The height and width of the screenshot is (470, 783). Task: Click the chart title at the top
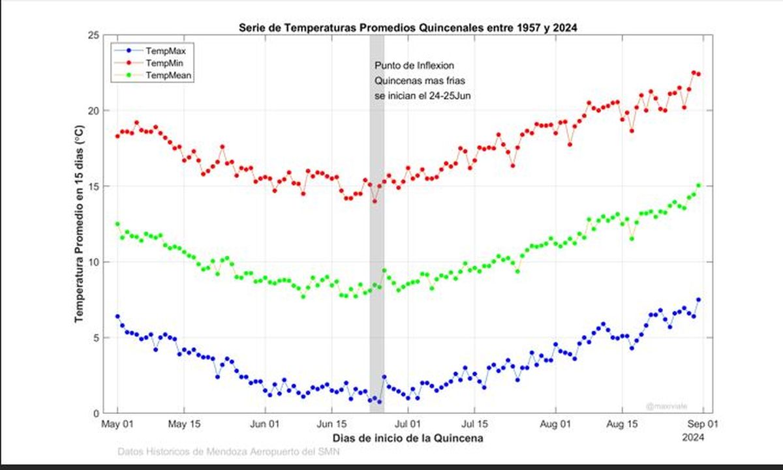click(408, 27)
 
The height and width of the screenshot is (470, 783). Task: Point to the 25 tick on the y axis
click(93, 35)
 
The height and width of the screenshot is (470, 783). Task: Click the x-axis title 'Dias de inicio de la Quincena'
click(408, 438)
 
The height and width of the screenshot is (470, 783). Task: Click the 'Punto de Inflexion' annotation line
click(414, 66)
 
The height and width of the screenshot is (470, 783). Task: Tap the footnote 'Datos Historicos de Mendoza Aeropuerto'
click(228, 452)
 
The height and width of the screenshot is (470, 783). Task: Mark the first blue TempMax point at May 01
click(117, 316)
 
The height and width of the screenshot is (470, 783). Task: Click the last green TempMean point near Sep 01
click(699, 185)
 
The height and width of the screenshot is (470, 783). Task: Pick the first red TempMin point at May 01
click(117, 136)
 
